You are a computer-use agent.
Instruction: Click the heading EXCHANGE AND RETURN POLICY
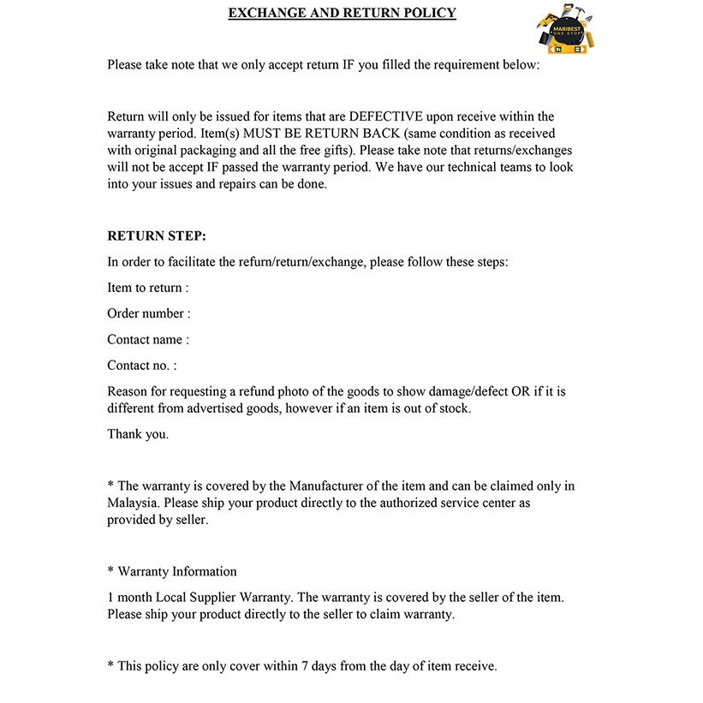342,13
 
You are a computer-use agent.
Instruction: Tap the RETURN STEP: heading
157,235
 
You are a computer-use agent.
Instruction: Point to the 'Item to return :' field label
148,288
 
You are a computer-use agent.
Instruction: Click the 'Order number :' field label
149,313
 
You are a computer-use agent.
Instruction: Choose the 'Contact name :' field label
148,339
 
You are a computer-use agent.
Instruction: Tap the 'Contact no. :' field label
142,365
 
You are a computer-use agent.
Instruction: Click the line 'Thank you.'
138,434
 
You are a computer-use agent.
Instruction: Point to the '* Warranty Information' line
172,571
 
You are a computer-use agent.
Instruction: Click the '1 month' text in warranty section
130,597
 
